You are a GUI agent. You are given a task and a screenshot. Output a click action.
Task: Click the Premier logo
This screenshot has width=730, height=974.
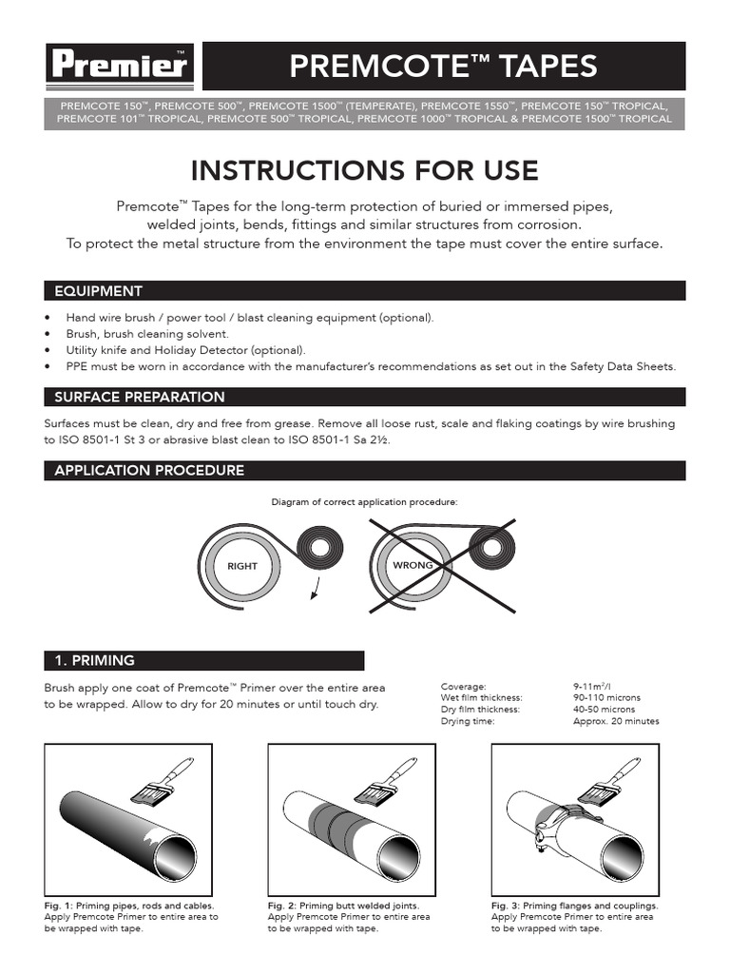[x=120, y=67]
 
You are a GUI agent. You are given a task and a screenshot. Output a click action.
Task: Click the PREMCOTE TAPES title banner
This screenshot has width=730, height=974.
[x=444, y=67]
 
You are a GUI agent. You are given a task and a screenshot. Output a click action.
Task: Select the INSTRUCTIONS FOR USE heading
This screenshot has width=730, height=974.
[x=365, y=170]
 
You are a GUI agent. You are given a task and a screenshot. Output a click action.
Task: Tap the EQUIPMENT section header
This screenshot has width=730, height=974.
[x=99, y=291]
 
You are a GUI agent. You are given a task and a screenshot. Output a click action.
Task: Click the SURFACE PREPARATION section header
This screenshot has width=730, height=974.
[x=140, y=397]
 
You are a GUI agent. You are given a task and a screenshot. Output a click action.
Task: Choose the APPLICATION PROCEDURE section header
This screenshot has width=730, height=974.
[x=149, y=470]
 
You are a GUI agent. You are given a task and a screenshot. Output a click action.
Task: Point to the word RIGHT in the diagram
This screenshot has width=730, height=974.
[x=242, y=566]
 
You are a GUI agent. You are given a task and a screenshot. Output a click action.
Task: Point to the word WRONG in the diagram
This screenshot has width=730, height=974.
[x=413, y=565]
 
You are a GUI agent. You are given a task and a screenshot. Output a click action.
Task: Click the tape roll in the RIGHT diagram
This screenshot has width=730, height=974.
[x=317, y=549]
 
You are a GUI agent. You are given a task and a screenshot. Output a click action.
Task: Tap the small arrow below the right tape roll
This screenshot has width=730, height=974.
[x=314, y=595]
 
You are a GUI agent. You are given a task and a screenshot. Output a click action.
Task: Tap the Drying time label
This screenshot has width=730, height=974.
[x=468, y=721]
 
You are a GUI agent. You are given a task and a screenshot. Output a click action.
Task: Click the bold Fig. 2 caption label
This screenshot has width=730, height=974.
[x=280, y=906]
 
